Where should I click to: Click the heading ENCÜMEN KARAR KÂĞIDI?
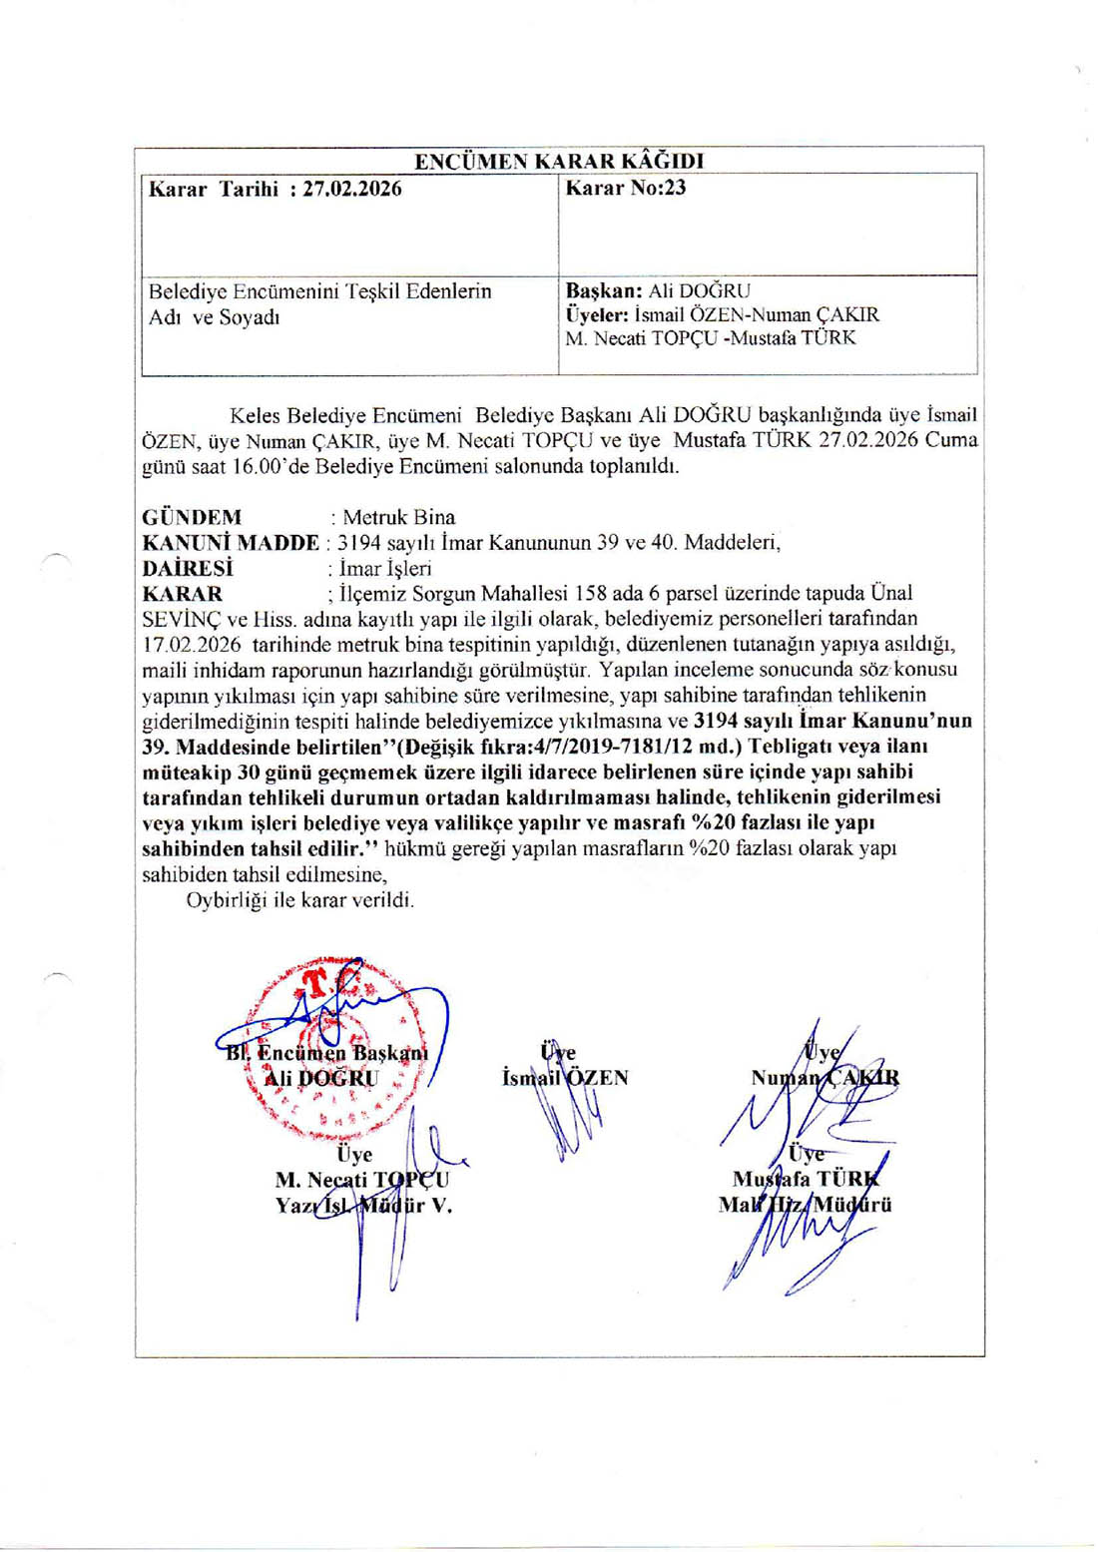[559, 161]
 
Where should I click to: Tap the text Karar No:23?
[625, 188]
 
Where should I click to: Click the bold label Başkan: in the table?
[604, 291]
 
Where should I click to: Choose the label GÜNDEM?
[192, 517]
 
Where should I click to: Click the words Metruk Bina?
[398, 517]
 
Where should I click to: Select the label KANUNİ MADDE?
[231, 543]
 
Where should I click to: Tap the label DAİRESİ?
[188, 569]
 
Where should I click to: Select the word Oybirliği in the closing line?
[228, 900]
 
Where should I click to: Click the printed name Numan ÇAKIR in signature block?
[824, 1078]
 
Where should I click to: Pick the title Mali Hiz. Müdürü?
[805, 1205]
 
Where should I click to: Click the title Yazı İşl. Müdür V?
[363, 1206]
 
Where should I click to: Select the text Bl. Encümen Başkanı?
[326, 1052]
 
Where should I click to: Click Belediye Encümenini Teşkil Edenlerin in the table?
[319, 291]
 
